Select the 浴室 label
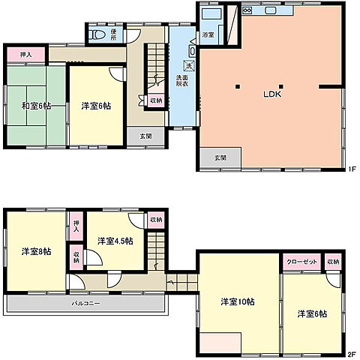[x=208, y=34]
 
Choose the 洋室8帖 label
[x=36, y=251]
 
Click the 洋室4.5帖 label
[x=115, y=241]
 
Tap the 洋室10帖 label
[x=237, y=301]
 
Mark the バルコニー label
[x=86, y=303]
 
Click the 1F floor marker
[x=351, y=169]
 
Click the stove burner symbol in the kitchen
[x=247, y=11]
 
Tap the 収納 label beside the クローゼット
[x=333, y=262]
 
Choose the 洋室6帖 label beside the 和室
[x=95, y=106]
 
